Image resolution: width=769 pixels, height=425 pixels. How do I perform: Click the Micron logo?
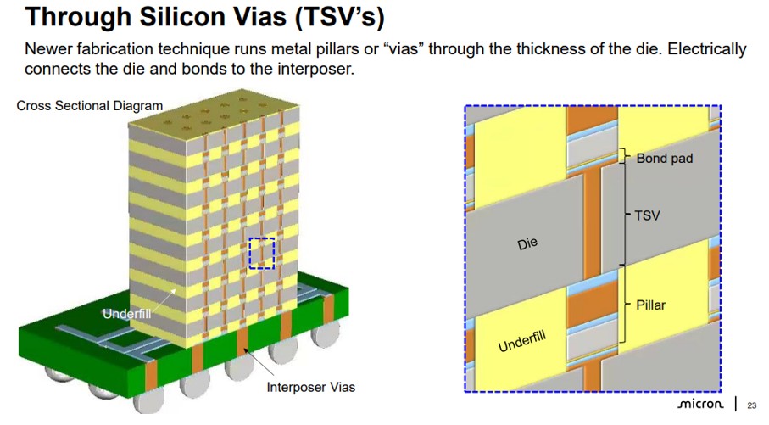[699, 405]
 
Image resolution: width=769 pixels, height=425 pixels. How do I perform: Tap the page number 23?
[751, 406]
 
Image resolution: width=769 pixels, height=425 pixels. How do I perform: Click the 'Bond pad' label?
[664, 159]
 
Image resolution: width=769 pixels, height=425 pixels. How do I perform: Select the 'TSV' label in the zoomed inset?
[647, 215]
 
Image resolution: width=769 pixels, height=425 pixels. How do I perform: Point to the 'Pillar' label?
[650, 305]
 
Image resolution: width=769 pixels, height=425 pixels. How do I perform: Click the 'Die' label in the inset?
[527, 244]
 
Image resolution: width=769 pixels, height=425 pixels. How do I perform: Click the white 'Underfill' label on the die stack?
[126, 314]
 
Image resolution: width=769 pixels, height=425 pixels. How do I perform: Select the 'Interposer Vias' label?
[310, 388]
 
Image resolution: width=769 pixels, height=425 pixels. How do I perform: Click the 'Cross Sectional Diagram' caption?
[89, 106]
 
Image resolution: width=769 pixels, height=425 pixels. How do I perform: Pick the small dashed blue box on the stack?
[262, 253]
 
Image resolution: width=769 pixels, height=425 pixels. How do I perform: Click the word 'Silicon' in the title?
[176, 16]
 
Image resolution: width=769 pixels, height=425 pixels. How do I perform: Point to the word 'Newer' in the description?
[49, 49]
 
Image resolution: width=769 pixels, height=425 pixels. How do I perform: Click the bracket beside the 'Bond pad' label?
[627, 157]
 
